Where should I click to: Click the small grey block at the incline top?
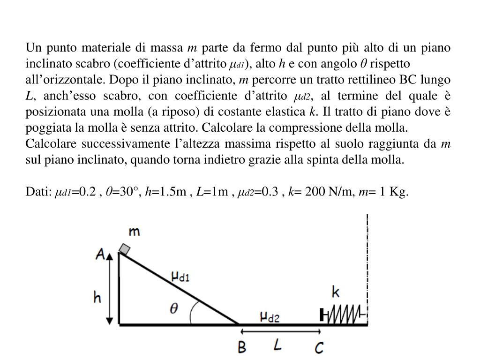tap(124, 249)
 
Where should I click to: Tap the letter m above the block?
tap(135, 232)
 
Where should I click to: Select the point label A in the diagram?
tap(100, 254)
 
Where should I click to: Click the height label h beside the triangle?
tap(97, 297)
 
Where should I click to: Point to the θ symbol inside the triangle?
tap(173, 309)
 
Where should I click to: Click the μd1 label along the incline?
tap(180, 277)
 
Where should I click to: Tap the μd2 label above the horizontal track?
tap(270, 317)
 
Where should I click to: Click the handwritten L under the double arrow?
tap(278, 345)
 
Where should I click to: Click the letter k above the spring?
tap(336, 292)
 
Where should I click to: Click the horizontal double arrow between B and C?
tap(280, 331)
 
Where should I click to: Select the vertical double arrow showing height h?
tap(110, 288)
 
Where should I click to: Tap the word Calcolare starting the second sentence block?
tap(47, 143)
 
